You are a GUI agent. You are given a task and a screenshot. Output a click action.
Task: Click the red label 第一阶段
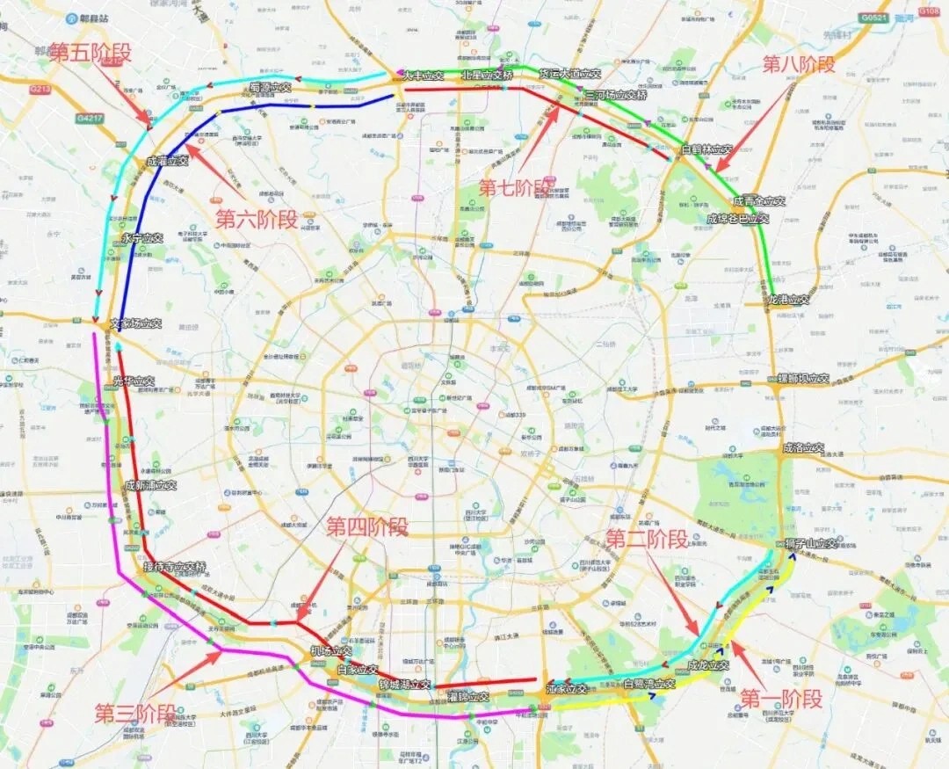coord(781,699)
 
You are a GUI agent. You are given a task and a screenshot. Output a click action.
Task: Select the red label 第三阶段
coord(135,713)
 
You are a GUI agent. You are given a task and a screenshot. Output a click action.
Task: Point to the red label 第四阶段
coord(367,526)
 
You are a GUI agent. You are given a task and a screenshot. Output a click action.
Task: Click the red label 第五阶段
coord(90,52)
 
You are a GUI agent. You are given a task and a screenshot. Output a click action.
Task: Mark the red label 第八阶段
coord(799,63)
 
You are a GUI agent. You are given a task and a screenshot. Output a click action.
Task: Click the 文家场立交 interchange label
coord(136,323)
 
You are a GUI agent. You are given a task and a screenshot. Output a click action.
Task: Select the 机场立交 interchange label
coord(331,651)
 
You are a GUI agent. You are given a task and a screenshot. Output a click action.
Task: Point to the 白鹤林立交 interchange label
coord(707,150)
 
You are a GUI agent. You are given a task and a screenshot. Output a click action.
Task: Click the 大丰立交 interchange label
coord(424,76)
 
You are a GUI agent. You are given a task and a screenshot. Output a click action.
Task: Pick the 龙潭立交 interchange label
coord(788,300)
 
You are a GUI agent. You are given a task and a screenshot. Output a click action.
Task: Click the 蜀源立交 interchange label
coord(270,88)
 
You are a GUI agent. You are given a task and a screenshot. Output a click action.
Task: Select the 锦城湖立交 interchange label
coord(405,684)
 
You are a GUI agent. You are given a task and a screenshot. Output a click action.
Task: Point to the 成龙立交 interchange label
coord(708,665)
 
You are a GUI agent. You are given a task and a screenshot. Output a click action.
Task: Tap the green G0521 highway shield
coord(873,17)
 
